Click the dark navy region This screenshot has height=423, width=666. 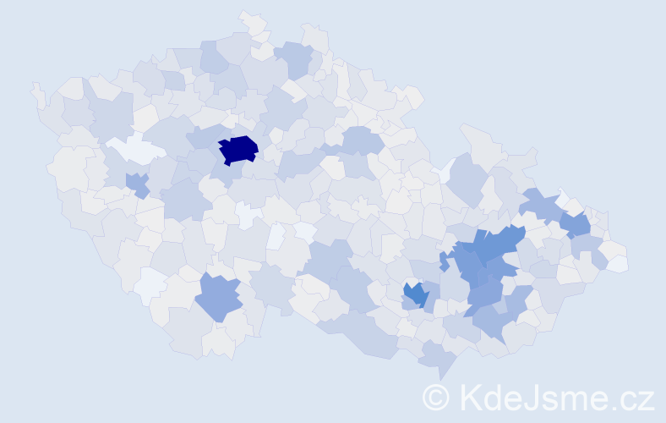(238, 149)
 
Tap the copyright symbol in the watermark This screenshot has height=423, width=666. (436, 396)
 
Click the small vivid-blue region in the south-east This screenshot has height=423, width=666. (415, 294)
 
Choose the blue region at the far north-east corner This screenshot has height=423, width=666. (576, 225)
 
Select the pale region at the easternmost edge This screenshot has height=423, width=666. (618, 263)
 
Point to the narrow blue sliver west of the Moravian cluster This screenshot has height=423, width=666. (444, 261)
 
